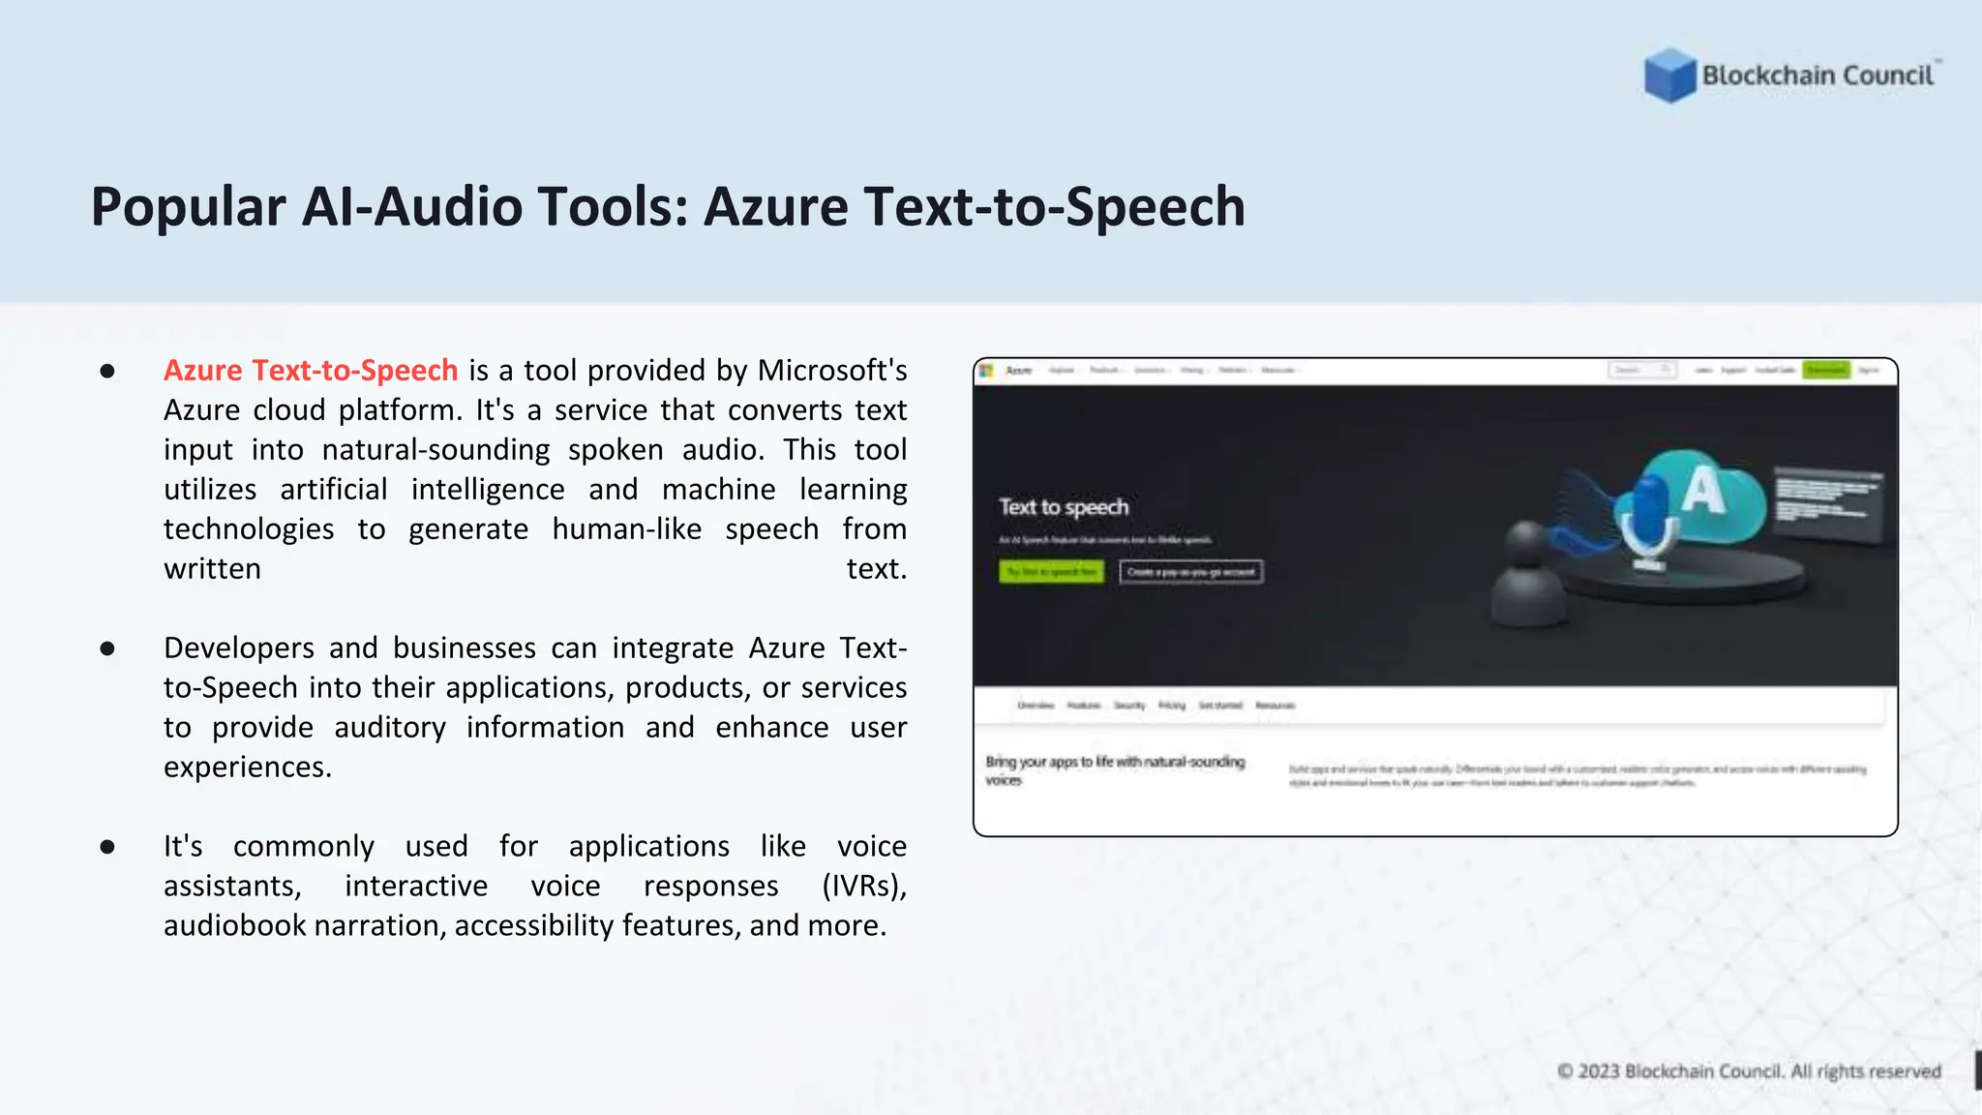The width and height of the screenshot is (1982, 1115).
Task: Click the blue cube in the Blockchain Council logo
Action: click(x=1669, y=75)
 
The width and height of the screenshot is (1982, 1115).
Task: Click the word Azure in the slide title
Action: click(x=775, y=207)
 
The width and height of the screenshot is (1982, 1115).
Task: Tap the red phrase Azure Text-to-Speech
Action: click(x=311, y=371)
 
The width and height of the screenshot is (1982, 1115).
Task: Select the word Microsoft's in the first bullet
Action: click(x=832, y=371)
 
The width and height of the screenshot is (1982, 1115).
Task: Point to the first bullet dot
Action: click(x=107, y=372)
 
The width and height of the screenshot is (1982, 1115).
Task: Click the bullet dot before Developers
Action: click(x=107, y=648)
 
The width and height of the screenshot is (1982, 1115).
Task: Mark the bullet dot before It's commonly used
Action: click(x=107, y=847)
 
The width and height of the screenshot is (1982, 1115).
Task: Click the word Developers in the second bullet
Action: click(x=239, y=648)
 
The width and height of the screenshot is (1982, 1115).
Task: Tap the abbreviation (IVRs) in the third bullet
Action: click(x=864, y=887)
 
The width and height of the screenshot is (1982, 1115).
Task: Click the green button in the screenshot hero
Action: click(x=1051, y=572)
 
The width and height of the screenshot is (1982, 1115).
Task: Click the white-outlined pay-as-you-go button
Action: click(x=1191, y=572)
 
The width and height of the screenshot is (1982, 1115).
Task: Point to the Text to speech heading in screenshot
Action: click(x=1064, y=507)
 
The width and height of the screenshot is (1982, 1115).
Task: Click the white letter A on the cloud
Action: click(x=1703, y=491)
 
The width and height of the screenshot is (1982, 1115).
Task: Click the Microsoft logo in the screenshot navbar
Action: click(x=986, y=371)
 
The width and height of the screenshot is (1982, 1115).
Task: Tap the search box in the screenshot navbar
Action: click(x=1642, y=371)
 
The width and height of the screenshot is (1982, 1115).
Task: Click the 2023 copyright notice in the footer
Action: click(x=1749, y=1071)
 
